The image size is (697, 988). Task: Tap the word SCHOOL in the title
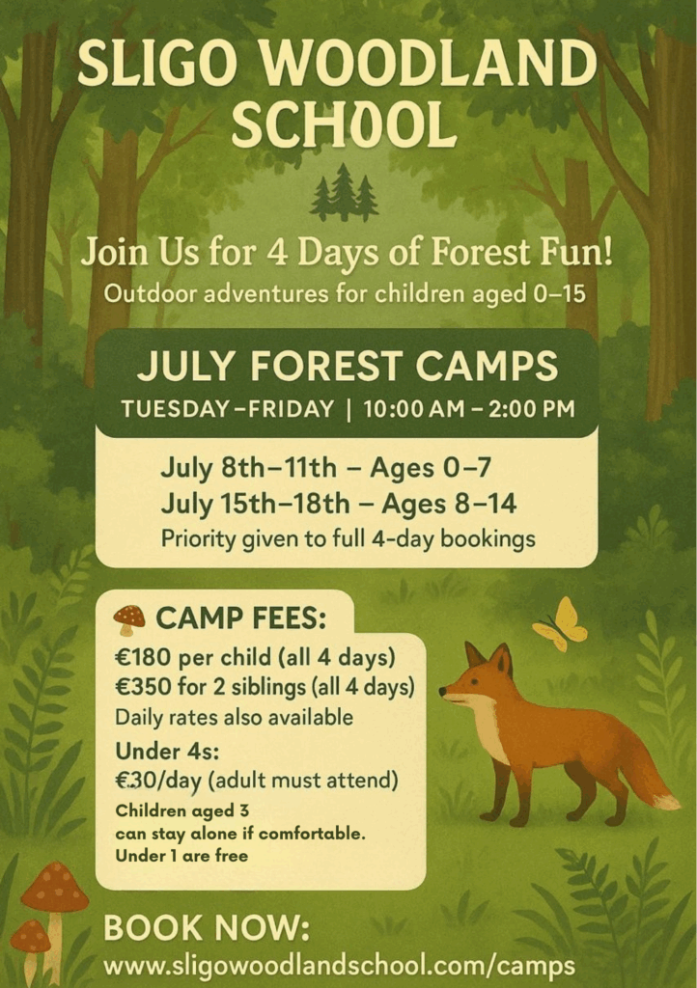pyautogui.click(x=344, y=123)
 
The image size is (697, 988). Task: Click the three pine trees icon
pyautogui.click(x=344, y=192)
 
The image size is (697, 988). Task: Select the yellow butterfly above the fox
pyautogui.click(x=560, y=624)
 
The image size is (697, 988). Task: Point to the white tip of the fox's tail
pyautogui.click(x=667, y=802)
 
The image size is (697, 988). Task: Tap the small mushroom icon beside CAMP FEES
pyautogui.click(x=129, y=618)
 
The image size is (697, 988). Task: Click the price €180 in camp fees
pyautogui.click(x=143, y=657)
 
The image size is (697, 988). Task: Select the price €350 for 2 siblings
pyautogui.click(x=143, y=686)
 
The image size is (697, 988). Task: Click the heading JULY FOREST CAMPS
pyautogui.click(x=348, y=366)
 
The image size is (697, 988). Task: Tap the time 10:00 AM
pyautogui.click(x=412, y=409)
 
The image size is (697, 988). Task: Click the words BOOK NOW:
pyautogui.click(x=207, y=928)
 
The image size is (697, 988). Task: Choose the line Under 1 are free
pyautogui.click(x=181, y=856)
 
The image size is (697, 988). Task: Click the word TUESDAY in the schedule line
pyautogui.click(x=175, y=409)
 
